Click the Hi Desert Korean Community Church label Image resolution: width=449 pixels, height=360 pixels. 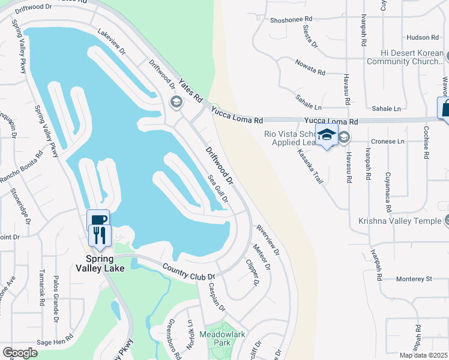(x=404, y=57)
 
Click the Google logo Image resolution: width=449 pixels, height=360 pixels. (x=20, y=353)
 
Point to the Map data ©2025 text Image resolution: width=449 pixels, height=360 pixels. (x=424, y=355)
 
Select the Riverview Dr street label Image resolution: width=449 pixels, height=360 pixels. (x=268, y=240)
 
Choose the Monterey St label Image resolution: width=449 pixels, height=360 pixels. (x=414, y=279)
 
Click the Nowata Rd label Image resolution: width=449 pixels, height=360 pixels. (x=310, y=67)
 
